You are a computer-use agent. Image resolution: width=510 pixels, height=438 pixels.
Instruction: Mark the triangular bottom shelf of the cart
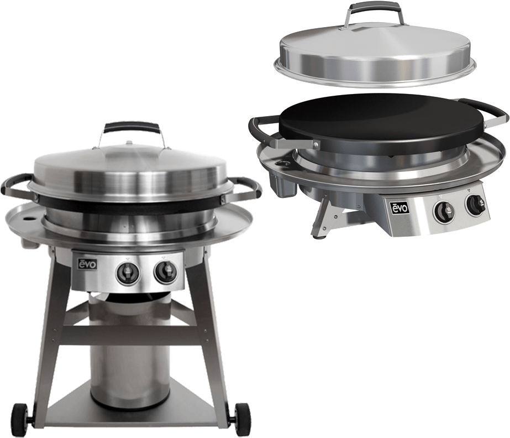(133, 412)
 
